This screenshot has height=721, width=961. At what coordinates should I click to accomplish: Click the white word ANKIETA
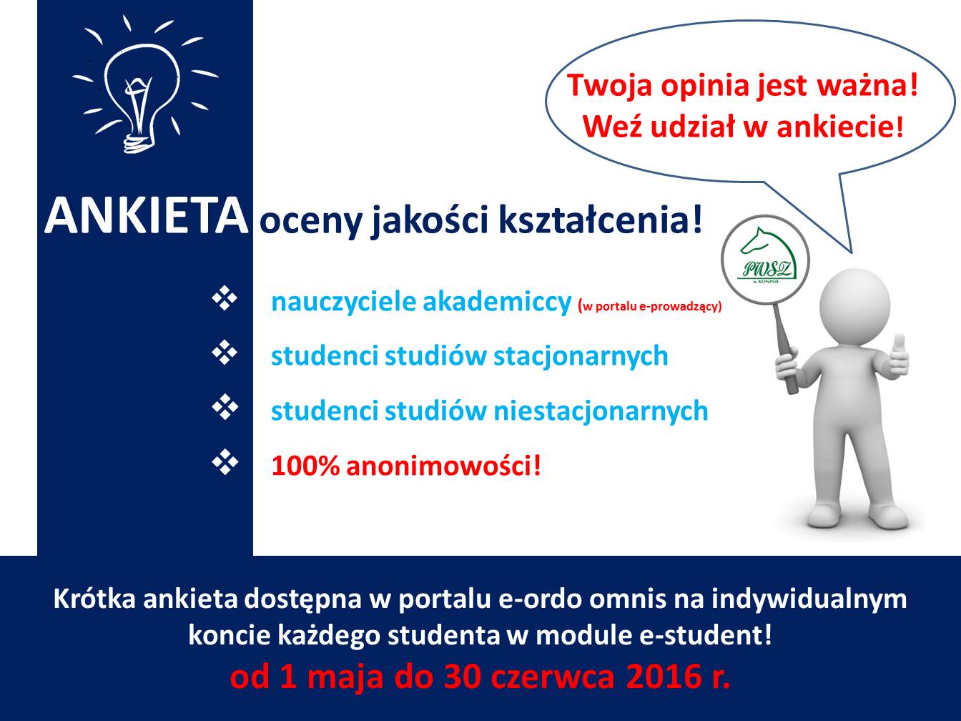(x=147, y=216)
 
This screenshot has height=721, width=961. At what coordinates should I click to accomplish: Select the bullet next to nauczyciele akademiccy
(x=225, y=298)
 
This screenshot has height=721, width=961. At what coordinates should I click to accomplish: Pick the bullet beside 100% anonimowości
(x=225, y=462)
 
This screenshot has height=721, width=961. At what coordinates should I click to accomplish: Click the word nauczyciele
(x=343, y=302)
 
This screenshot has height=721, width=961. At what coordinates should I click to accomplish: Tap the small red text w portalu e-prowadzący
(x=650, y=306)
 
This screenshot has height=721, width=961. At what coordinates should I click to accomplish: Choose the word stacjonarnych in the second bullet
(x=581, y=357)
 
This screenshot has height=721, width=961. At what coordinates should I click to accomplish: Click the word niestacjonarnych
(x=601, y=412)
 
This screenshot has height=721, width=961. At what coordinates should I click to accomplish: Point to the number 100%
(x=305, y=466)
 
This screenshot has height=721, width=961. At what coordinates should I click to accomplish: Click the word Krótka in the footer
(x=94, y=599)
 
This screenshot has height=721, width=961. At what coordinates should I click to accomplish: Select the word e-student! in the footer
(x=705, y=635)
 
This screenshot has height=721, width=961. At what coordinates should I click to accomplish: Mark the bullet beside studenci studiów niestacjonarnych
(x=225, y=407)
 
